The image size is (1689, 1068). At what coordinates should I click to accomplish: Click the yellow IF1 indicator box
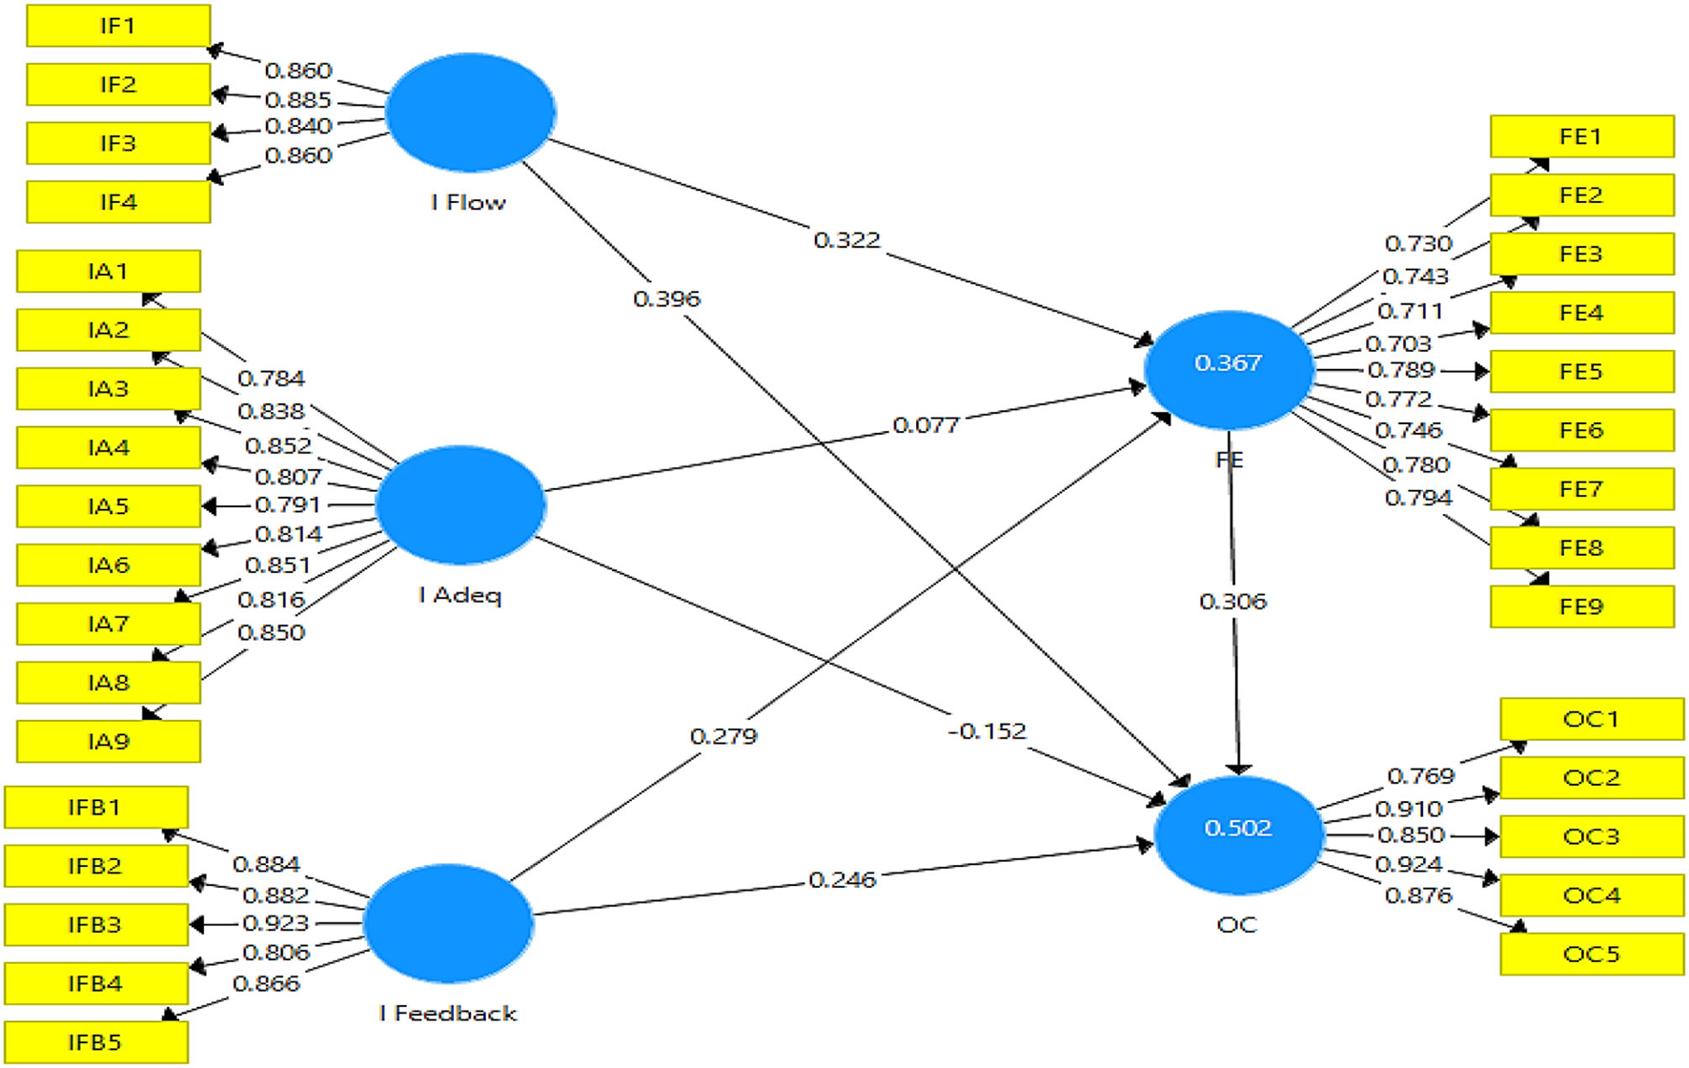pos(118,26)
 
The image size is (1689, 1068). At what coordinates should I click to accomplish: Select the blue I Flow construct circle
pos(470,113)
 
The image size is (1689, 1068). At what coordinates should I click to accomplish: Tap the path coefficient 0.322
pos(846,240)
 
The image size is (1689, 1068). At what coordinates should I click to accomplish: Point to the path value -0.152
pos(987,731)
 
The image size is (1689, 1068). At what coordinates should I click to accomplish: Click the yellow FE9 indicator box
pos(1581,606)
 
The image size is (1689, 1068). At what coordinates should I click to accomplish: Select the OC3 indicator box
pos(1591,836)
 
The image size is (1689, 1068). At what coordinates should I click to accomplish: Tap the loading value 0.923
pos(275,923)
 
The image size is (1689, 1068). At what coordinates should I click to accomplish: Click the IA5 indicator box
pos(108,505)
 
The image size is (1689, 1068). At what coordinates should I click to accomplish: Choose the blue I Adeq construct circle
pos(460,504)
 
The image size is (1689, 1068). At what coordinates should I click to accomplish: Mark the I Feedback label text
pos(448,1013)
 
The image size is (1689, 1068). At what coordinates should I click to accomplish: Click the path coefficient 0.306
pos(1232,602)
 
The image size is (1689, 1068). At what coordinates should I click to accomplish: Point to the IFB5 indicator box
pos(95,1042)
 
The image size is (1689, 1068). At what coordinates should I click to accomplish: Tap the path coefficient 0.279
pos(723,736)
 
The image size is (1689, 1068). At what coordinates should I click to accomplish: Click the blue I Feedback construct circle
pos(448,923)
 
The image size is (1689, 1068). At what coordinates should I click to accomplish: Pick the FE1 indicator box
pos(1581,136)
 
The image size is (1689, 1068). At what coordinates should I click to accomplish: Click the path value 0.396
pos(666,299)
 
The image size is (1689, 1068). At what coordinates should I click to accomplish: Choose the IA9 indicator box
pos(108,741)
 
